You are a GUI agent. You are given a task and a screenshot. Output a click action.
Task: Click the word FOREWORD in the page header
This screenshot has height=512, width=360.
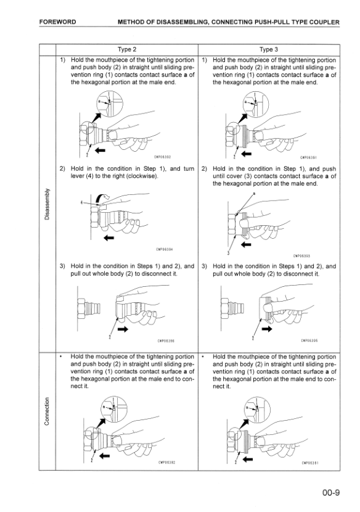click(x=57, y=22)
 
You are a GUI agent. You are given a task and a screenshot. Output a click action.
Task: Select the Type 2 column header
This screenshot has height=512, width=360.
click(x=126, y=49)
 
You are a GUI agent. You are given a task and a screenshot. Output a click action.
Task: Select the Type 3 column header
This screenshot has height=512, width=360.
click(x=269, y=49)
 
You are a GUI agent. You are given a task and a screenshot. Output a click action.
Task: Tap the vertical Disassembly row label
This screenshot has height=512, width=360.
click(x=47, y=204)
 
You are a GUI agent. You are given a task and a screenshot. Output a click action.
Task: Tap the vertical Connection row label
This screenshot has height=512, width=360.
click(x=47, y=411)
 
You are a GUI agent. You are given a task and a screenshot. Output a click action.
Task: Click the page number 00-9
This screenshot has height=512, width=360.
click(x=331, y=492)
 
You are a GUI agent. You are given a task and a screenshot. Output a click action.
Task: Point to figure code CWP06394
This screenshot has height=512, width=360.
click(x=165, y=249)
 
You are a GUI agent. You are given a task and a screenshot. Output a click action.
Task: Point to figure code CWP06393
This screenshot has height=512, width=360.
click(x=301, y=256)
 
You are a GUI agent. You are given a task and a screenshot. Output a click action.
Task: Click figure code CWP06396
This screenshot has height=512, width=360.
click(x=166, y=341)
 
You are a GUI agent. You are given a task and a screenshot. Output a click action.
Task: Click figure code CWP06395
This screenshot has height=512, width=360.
click(x=309, y=341)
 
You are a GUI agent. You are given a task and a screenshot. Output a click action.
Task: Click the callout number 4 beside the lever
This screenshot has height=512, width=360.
click(x=81, y=203)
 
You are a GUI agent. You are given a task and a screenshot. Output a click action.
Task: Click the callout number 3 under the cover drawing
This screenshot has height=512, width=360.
click(x=228, y=253)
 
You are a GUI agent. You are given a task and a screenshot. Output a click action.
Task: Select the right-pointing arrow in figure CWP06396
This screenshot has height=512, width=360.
click(x=123, y=329)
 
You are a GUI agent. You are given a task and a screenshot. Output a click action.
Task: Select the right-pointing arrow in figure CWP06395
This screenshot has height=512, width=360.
click(x=267, y=329)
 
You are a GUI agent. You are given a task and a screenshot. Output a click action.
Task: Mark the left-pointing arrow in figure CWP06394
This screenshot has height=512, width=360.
click(x=108, y=237)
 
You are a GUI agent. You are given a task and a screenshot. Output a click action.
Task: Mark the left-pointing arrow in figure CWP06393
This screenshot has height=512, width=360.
click(x=246, y=244)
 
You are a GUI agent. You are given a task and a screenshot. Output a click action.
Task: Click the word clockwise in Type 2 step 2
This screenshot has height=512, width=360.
click(x=142, y=176)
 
